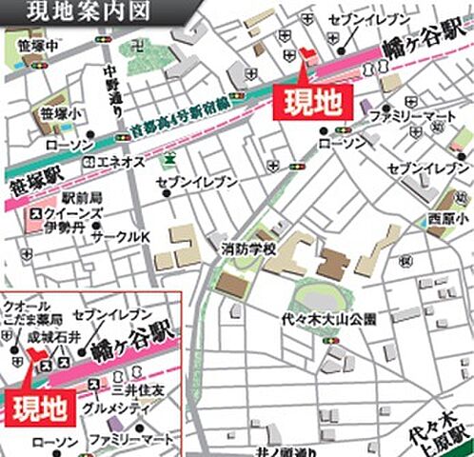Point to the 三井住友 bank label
pos(138,388)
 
